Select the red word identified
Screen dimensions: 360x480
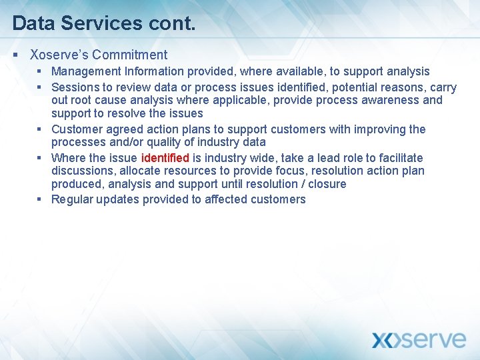click(165, 158)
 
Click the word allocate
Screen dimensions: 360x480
click(141, 171)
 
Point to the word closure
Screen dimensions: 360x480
click(325, 184)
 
